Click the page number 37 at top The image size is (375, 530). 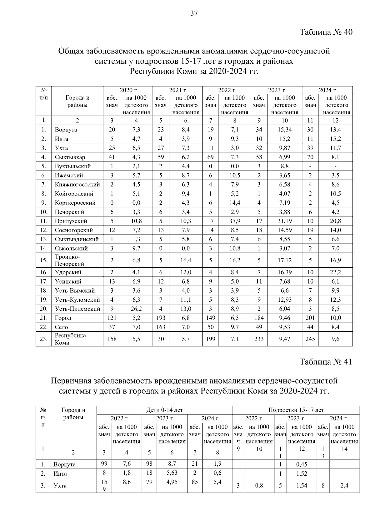point(194,13)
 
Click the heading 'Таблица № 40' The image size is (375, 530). point(326,32)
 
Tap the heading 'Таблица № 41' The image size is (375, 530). point(326,362)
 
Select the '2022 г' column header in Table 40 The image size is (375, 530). point(226,90)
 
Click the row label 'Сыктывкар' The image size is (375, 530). point(70,157)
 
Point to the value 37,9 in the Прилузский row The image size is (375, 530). point(235,221)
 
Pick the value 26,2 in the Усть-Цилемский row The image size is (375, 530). point(136,309)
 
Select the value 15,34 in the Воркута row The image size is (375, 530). point(284,130)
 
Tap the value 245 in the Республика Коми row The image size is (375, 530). point(310,339)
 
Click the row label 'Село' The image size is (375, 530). point(61,327)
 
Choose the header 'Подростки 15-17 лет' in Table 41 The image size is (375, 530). point(296,410)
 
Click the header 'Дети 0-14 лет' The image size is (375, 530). point(165,410)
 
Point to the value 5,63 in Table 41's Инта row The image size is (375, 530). point(172,473)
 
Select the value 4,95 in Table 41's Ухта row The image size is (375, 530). point(172,482)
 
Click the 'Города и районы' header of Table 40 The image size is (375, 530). point(77,101)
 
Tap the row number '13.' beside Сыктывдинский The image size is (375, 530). point(44,239)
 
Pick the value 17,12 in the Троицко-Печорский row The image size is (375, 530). point(284,260)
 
